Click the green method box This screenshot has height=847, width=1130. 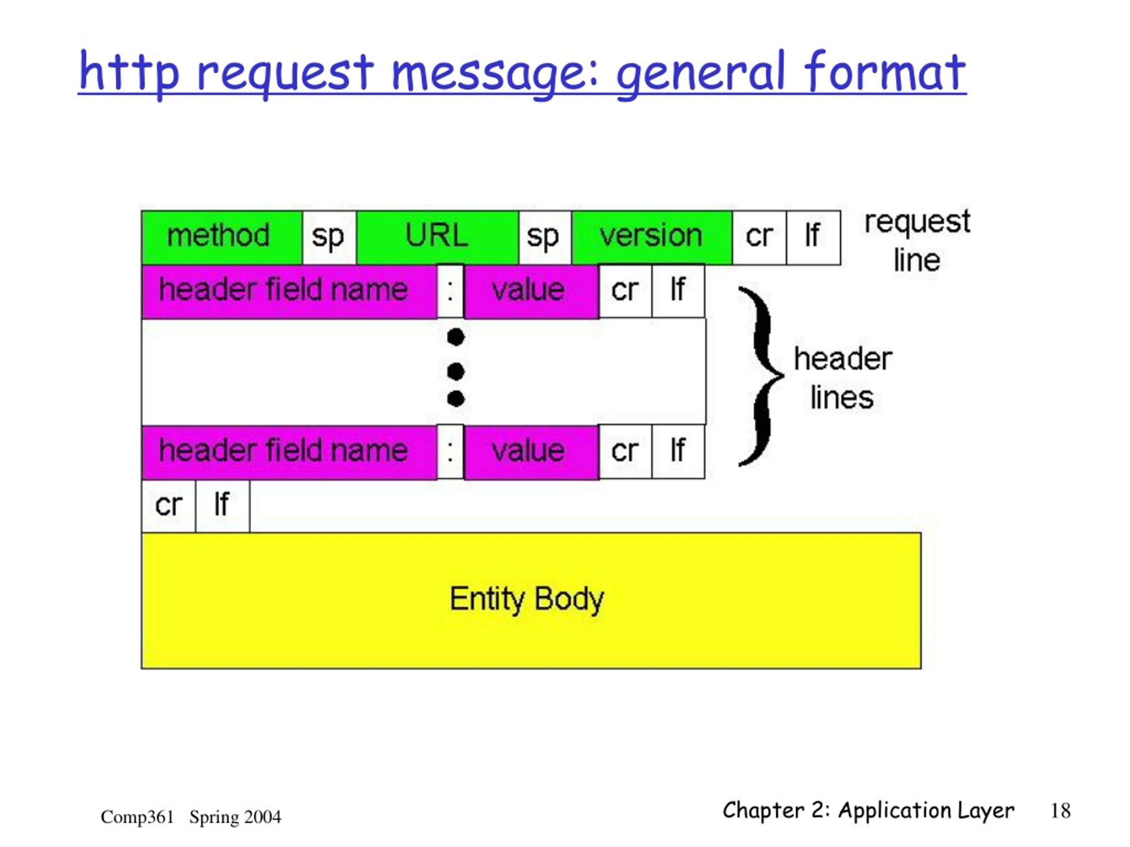222,237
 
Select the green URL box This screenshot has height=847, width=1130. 438,237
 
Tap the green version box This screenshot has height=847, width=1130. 652,237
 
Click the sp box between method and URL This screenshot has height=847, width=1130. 329,237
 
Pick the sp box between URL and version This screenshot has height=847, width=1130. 546,237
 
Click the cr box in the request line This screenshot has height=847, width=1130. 760,237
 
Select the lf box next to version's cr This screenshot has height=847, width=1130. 813,237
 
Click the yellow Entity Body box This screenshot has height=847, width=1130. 531,600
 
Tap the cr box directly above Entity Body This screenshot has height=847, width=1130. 169,506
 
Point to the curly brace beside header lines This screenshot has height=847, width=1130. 761,376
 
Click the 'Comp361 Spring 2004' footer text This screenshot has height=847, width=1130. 191,817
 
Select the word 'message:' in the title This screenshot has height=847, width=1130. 494,74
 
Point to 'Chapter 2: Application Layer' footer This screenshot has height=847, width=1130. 868,811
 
